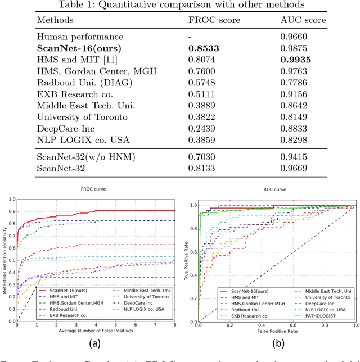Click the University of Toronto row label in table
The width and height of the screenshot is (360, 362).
pyautogui.click(x=82, y=116)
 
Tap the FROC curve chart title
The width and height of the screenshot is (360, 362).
pyautogui.click(x=96, y=189)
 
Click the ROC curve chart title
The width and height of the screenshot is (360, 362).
pyautogui.click(x=276, y=189)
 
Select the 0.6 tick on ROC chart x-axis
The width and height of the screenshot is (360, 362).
pyautogui.click(x=292, y=325)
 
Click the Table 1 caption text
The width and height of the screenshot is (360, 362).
pyautogui.click(x=179, y=6)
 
